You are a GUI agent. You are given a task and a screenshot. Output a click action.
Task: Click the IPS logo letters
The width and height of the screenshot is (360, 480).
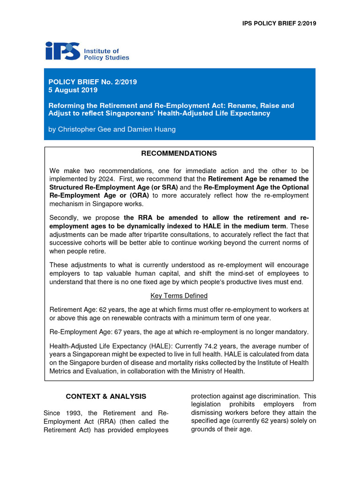[62, 51]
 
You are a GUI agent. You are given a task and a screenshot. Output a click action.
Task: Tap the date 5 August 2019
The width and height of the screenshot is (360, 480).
[73, 90]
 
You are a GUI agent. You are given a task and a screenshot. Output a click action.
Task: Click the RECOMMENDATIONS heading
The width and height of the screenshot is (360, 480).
[180, 153]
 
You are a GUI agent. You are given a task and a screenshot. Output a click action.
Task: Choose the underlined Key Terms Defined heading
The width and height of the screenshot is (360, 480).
[179, 296]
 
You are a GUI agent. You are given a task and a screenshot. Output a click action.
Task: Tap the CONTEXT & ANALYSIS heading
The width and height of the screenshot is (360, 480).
[106, 396]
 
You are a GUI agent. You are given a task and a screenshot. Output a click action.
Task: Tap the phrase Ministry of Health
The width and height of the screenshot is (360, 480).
[217, 371]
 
